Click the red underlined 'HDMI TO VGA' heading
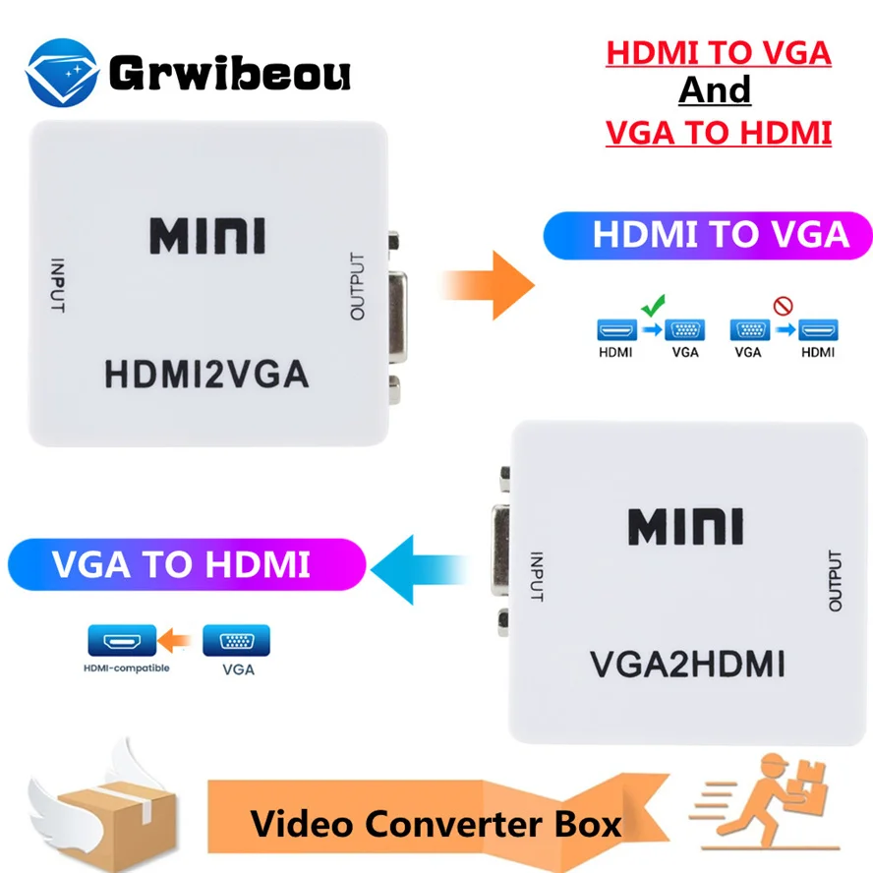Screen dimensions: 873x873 [719, 53]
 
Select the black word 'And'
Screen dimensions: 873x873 [715, 91]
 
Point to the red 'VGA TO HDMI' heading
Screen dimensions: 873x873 [719, 131]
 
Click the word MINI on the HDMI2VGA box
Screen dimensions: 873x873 [207, 236]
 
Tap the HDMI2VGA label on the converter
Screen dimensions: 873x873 [206, 375]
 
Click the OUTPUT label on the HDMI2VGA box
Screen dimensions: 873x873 [357, 286]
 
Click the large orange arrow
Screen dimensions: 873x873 [489, 284]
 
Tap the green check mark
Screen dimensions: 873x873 [653, 306]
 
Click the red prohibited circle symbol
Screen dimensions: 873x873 [783, 306]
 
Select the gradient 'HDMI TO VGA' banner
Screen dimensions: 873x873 [708, 236]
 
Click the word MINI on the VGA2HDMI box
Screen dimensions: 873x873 [686, 527]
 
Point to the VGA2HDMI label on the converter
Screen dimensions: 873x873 [687, 665]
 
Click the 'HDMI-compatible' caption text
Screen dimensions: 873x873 [127, 669]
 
